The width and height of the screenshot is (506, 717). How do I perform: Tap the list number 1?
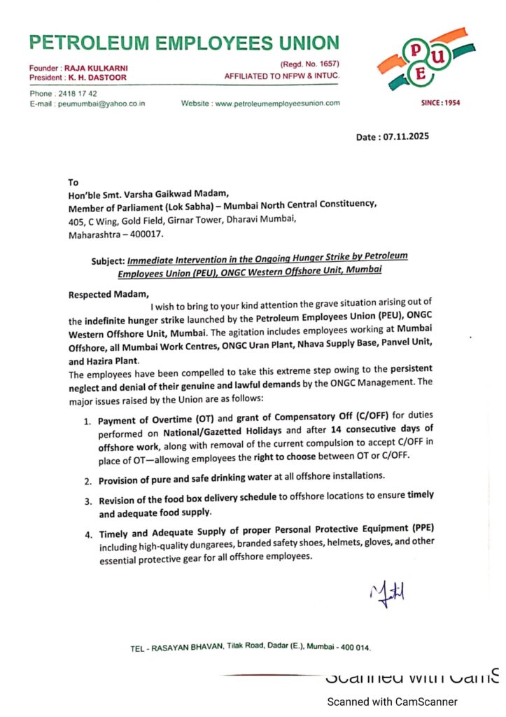(87, 422)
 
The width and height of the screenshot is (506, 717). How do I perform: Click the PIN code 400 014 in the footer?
(353, 648)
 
